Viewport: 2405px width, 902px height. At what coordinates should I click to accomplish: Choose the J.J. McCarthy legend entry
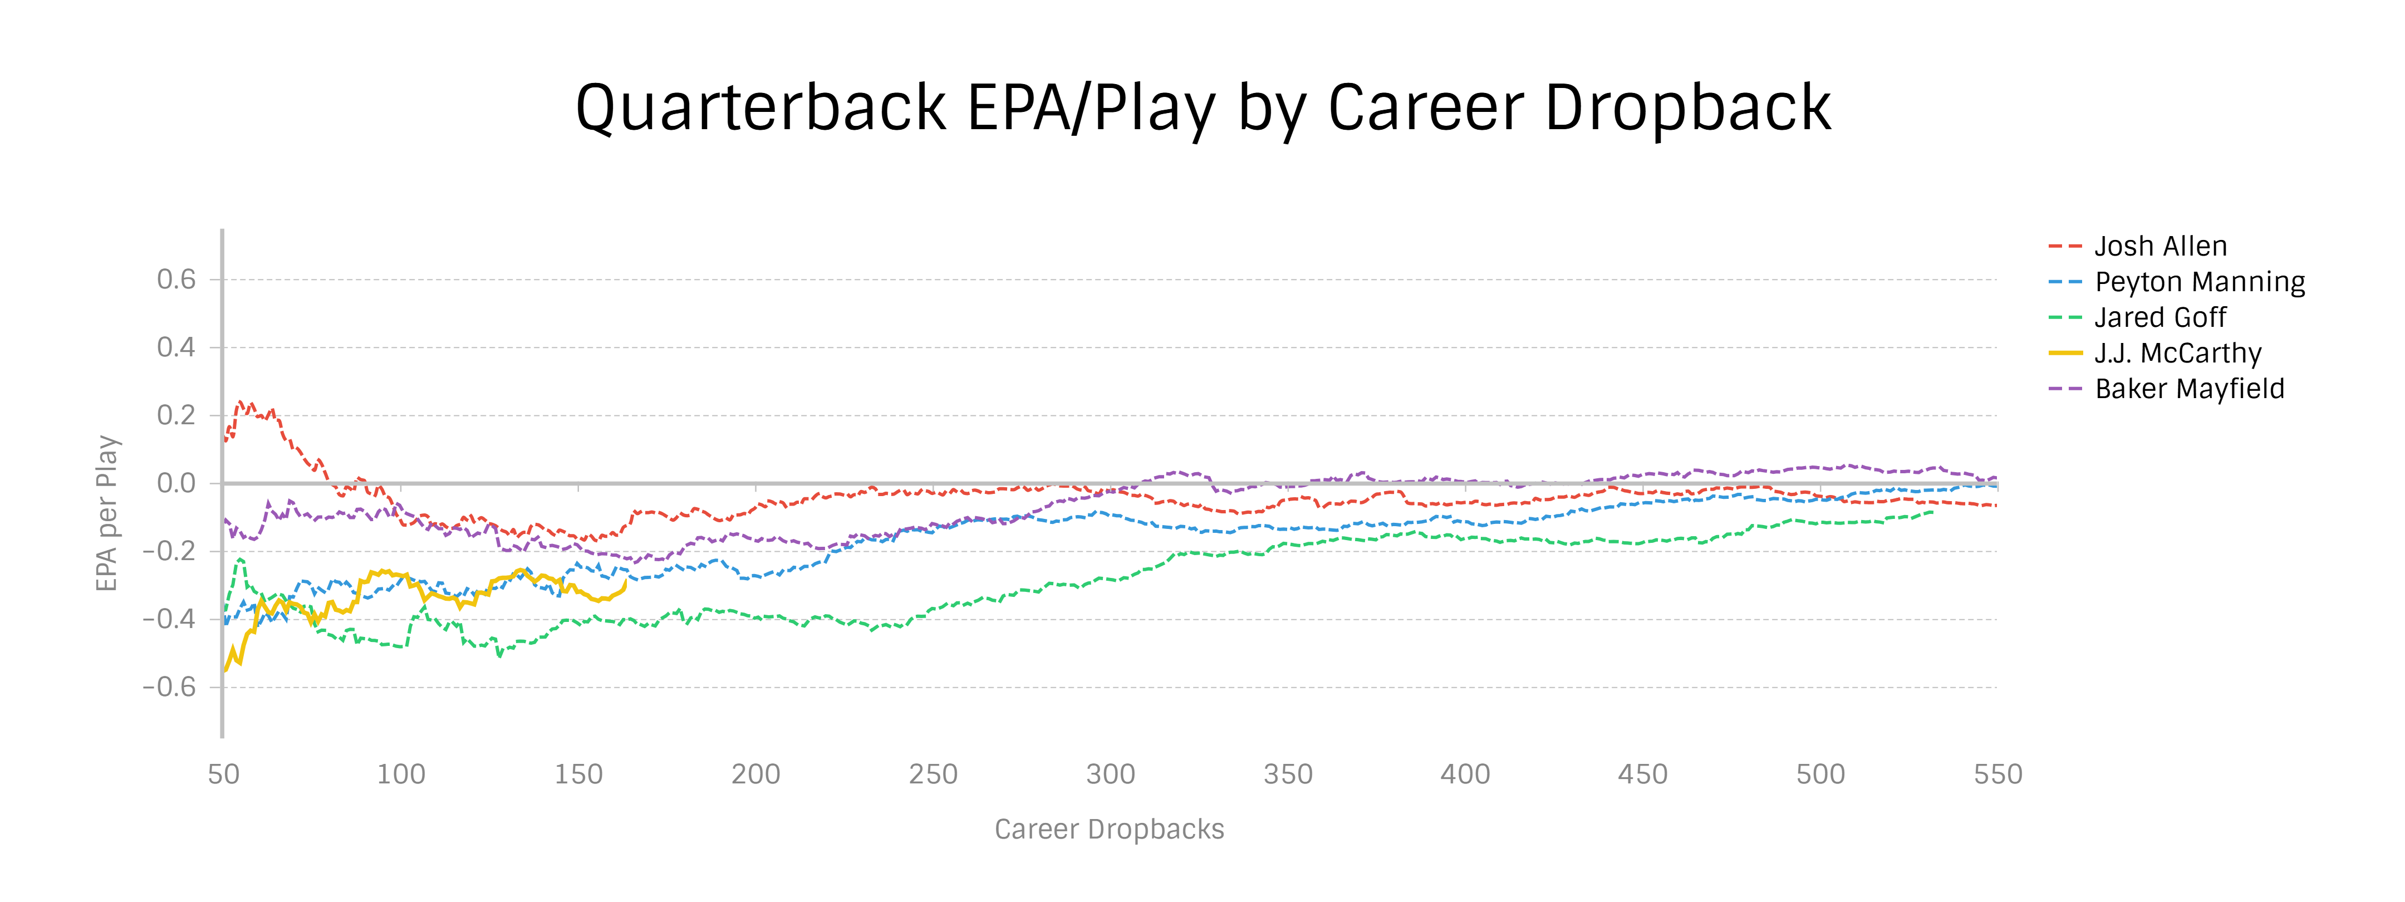point(2177,353)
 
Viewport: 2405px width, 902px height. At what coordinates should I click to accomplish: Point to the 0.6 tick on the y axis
point(176,279)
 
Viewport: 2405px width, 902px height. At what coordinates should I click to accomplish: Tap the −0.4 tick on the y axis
point(169,619)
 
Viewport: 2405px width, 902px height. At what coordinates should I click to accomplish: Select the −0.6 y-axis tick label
point(169,687)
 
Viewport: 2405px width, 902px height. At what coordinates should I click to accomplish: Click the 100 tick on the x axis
point(400,774)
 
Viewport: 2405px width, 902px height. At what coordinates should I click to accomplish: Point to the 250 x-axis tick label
point(932,774)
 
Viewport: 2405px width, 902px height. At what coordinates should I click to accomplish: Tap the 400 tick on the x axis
point(1465,774)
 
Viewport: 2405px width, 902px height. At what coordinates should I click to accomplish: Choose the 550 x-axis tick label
point(1997,774)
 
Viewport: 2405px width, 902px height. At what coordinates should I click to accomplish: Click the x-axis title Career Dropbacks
point(1109,829)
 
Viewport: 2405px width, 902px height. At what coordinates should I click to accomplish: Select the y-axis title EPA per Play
point(107,513)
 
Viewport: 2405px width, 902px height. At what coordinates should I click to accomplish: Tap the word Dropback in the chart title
point(1687,109)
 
